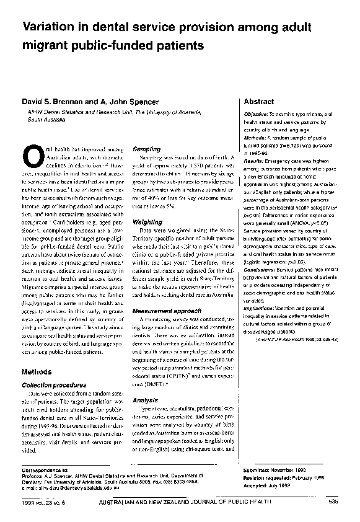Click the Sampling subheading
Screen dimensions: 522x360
click(x=147, y=149)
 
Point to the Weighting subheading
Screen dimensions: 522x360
click(x=148, y=221)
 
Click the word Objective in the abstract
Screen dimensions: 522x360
click(x=256, y=115)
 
